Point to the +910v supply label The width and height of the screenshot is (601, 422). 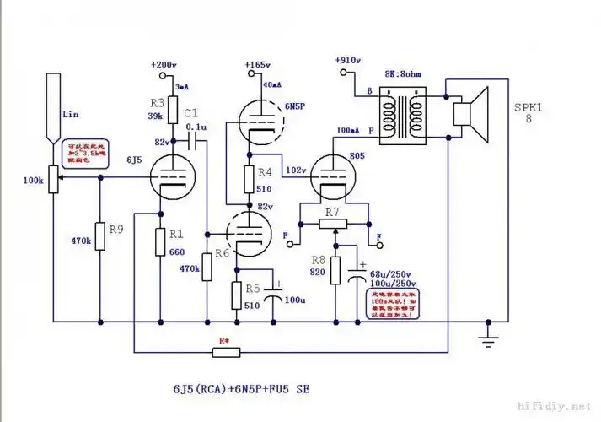[348, 61]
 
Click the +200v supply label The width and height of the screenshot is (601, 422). [164, 64]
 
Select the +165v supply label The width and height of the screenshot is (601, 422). [257, 64]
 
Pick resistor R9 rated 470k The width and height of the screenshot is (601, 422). [100, 237]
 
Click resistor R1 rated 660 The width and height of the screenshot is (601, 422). [159, 242]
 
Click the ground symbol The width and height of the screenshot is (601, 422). [486, 339]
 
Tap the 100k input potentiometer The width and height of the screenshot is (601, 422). [52, 178]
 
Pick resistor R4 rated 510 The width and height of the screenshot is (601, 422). [250, 179]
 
